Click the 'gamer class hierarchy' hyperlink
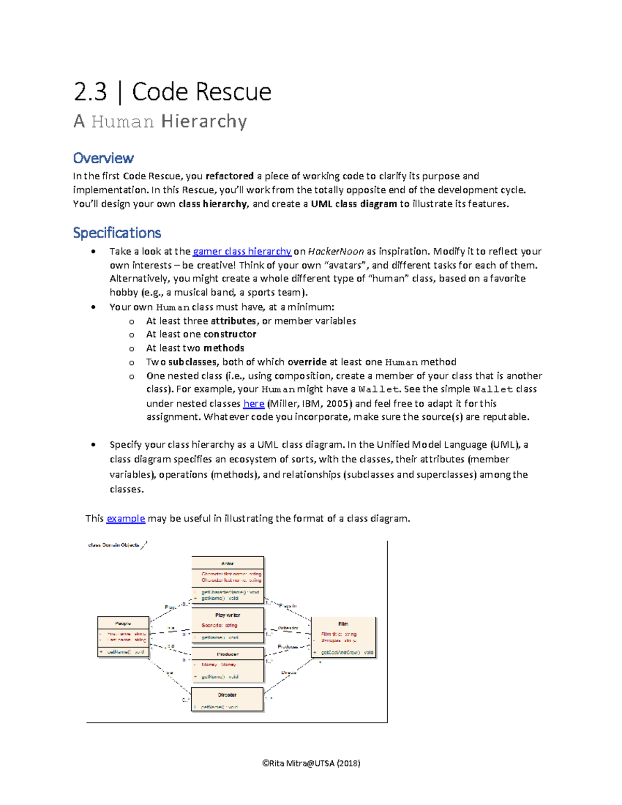pyautogui.click(x=242, y=251)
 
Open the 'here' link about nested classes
pyautogui.click(x=253, y=403)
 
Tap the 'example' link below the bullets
pyautogui.click(x=125, y=518)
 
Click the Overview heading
pyautogui.click(x=103, y=158)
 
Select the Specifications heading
pyautogui.click(x=117, y=233)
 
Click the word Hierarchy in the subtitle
pyautogui.click(x=204, y=121)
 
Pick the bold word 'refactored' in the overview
pyautogui.click(x=229, y=176)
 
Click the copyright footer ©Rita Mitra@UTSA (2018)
pyautogui.click(x=311, y=763)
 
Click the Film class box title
pyautogui.click(x=343, y=624)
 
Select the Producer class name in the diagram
pyautogui.click(x=228, y=654)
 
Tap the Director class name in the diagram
pyautogui.click(x=227, y=695)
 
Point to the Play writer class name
pyautogui.click(x=228, y=615)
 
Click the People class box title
pyautogui.click(x=123, y=624)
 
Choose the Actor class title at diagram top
pyautogui.click(x=228, y=563)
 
